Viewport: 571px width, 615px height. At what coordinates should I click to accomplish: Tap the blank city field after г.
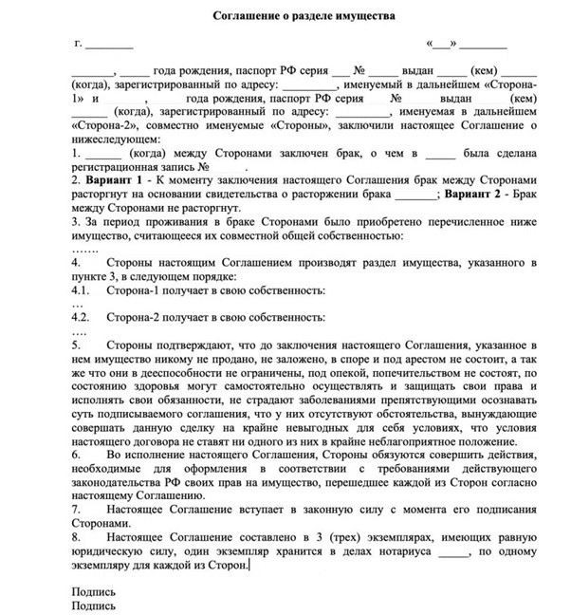110,45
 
